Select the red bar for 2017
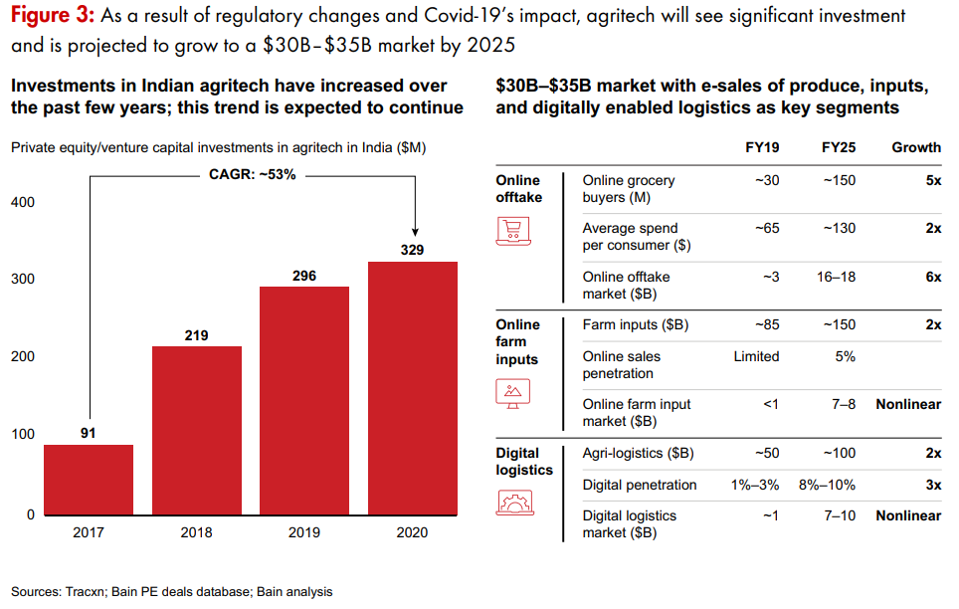click(x=90, y=479)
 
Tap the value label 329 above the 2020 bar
click(x=413, y=250)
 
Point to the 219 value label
click(x=196, y=335)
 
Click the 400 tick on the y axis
click(x=23, y=202)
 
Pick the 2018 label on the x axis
click(x=196, y=532)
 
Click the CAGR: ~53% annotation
click(x=253, y=175)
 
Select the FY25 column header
click(x=839, y=147)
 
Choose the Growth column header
click(x=915, y=147)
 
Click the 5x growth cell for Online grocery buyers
click(x=932, y=181)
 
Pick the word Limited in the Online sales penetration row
click(x=756, y=356)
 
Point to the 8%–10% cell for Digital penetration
click(x=828, y=485)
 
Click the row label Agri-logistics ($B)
click(x=638, y=454)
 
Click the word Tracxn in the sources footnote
click(x=85, y=592)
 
